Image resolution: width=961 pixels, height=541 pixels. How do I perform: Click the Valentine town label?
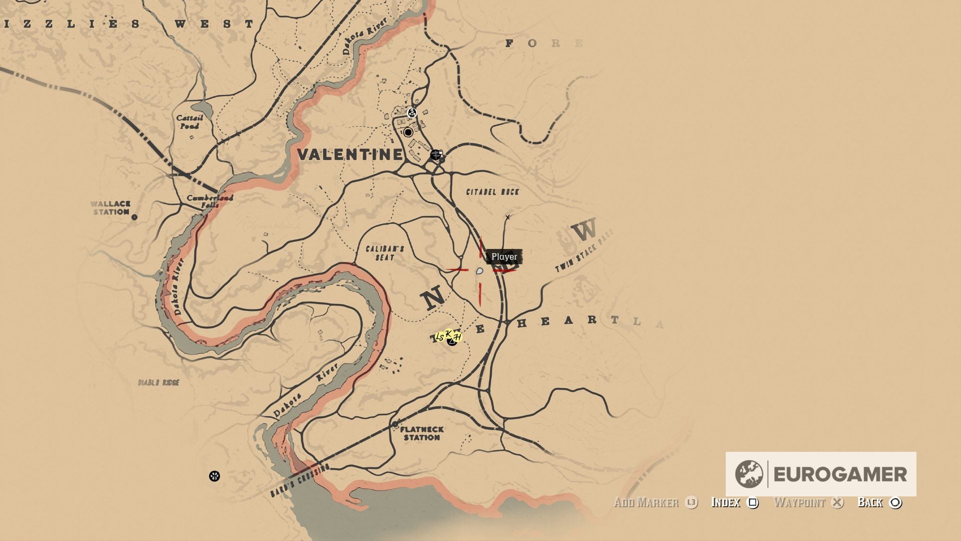click(x=350, y=154)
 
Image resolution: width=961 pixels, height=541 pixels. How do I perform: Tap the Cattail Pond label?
click(x=190, y=122)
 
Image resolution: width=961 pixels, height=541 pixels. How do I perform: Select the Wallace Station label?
click(x=111, y=208)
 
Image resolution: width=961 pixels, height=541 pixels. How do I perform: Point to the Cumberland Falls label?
click(x=210, y=201)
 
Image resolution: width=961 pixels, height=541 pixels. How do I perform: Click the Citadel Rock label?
click(x=493, y=192)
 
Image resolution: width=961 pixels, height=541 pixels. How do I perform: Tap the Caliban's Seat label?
click(x=384, y=253)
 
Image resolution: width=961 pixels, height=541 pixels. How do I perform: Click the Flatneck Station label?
click(x=422, y=433)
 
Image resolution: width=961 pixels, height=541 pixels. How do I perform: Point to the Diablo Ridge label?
click(x=159, y=383)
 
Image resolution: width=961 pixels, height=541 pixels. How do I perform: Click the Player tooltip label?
click(x=504, y=257)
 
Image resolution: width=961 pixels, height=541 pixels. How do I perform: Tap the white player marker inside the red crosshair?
click(x=479, y=271)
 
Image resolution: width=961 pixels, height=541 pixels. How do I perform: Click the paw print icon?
click(x=214, y=476)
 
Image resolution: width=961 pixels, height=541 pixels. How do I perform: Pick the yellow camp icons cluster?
click(x=448, y=337)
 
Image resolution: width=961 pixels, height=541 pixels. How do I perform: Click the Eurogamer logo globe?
click(x=749, y=474)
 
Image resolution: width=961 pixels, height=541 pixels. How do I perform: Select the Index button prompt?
click(x=734, y=502)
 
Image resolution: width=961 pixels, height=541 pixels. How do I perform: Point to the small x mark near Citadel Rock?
click(x=508, y=217)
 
